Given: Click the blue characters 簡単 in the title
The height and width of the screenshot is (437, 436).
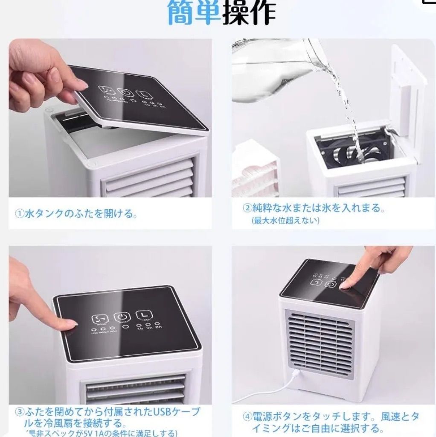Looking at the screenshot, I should pyautogui.click(x=195, y=13).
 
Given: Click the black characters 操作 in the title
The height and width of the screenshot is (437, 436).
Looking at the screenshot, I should pyautogui.click(x=249, y=13).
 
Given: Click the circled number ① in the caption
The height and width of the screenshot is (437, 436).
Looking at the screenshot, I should pyautogui.click(x=19, y=214).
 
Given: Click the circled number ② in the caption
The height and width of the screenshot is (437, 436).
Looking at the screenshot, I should pyautogui.click(x=247, y=208).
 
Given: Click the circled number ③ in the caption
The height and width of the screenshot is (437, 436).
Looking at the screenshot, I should pyautogui.click(x=20, y=413).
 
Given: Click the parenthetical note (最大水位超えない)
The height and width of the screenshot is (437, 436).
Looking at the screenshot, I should pyautogui.click(x=285, y=220).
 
